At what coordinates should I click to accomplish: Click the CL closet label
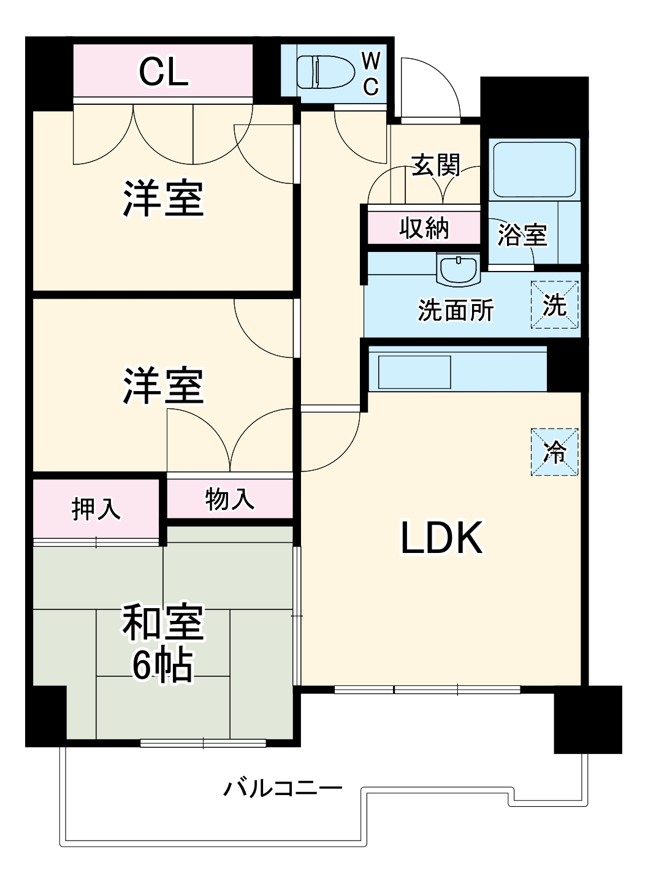pyautogui.click(x=164, y=72)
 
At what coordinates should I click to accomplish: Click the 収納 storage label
pyautogui.click(x=424, y=227)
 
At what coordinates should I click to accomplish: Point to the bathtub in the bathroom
pyautogui.click(x=535, y=170)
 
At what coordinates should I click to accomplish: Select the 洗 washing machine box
pyautogui.click(x=554, y=305)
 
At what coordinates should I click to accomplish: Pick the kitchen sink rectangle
pyautogui.click(x=414, y=372)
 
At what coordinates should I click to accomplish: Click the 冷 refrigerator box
pyautogui.click(x=554, y=452)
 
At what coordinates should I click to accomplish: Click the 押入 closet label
pyautogui.click(x=96, y=509)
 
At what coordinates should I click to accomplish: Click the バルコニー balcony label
pyautogui.click(x=283, y=789)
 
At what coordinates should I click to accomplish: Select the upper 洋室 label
pyautogui.click(x=164, y=199)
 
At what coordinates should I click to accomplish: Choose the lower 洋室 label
pyautogui.click(x=164, y=386)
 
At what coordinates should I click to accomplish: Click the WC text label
pyautogui.click(x=371, y=74)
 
